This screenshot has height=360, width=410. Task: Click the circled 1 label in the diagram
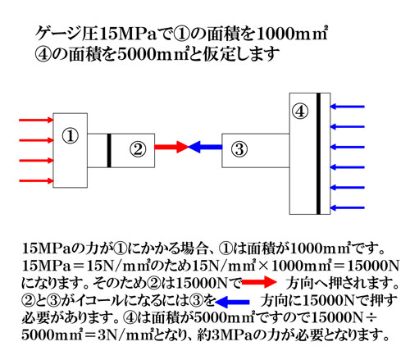point(71,136)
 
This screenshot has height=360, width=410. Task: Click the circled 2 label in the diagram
point(138,149)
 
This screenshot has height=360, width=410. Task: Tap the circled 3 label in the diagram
point(239,149)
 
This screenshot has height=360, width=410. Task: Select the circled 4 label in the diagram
point(300,112)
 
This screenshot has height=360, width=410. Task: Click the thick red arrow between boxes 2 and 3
point(171,147)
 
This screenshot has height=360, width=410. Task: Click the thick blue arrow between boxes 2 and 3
point(205,147)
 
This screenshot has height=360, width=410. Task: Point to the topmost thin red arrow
point(36,120)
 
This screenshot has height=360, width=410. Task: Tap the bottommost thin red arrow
point(36,180)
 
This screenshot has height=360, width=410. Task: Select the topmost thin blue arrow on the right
point(348,107)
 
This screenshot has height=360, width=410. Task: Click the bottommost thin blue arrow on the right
point(348,207)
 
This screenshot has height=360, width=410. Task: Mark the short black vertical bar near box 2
point(109,150)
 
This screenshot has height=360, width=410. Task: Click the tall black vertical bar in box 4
point(318,153)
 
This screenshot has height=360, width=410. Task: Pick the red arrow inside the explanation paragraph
point(259,282)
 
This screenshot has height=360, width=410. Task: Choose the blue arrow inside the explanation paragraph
point(232,302)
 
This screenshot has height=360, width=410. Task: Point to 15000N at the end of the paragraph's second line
point(370,266)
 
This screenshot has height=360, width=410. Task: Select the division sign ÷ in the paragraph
point(371,318)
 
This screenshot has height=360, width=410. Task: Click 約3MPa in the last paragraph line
point(227,335)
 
